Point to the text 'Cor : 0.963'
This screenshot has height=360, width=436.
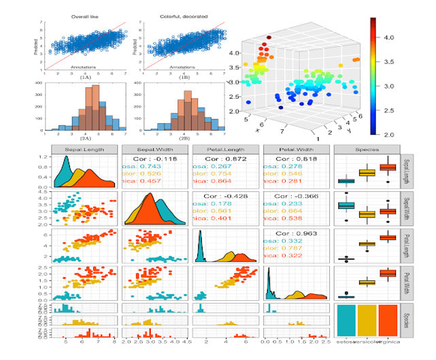pos(295,233)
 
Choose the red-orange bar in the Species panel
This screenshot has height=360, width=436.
pos(388,320)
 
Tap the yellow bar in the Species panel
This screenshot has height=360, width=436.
pos(368,320)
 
